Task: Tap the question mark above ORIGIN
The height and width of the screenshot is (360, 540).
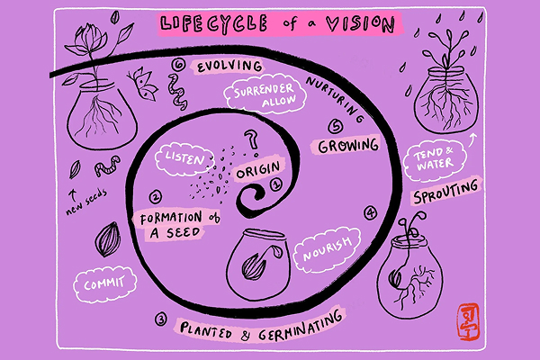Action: point(254,139)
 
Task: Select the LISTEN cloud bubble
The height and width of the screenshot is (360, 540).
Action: point(183,158)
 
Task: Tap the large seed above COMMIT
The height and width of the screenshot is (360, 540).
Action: point(107,238)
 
